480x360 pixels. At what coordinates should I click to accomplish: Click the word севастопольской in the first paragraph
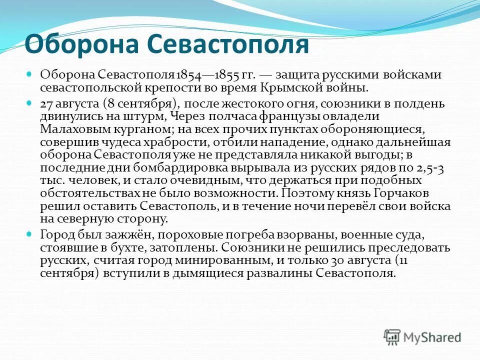pos(86,88)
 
